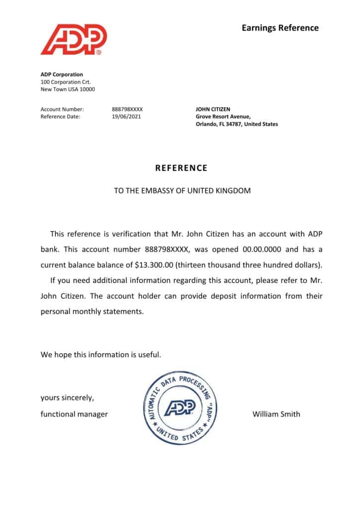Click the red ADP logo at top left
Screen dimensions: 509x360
(74, 40)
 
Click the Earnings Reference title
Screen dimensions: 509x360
(280, 28)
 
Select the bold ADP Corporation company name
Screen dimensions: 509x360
(62, 75)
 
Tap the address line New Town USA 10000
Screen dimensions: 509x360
(68, 89)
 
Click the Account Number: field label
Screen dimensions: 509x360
(62, 109)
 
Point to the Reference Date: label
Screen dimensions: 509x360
(60, 117)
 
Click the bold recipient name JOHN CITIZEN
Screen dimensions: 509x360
(213, 109)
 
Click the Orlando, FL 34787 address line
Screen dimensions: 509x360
(237, 124)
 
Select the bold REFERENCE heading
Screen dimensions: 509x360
(181, 168)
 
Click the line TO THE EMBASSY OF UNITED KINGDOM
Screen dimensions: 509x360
(182, 191)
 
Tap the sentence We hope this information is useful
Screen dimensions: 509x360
(101, 355)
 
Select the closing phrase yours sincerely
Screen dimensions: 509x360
(67, 398)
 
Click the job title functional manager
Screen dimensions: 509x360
(74, 414)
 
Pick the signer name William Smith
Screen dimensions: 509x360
(276, 414)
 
